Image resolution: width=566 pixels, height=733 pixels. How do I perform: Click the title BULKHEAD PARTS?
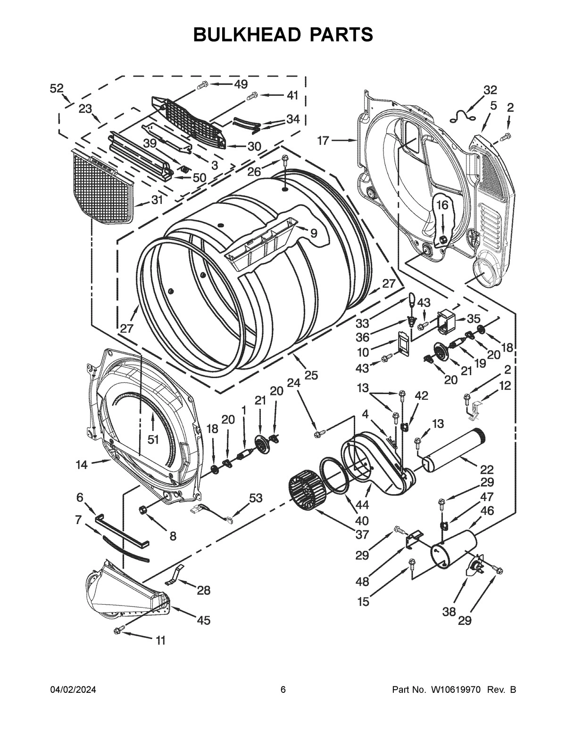tap(283, 34)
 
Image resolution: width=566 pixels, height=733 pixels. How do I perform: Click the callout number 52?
tap(57, 88)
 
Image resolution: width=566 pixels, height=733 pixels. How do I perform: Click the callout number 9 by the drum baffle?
tap(314, 233)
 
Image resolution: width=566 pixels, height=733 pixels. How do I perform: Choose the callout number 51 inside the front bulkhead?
tap(152, 439)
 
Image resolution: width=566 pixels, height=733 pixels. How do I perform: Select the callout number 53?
tap(256, 498)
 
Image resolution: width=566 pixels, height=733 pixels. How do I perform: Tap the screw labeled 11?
tap(119, 629)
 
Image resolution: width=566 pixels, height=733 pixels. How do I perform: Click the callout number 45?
tap(203, 620)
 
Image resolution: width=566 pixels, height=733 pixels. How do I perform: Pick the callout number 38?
tap(449, 612)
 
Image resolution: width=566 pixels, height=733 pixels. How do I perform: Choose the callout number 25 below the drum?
tap(311, 375)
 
